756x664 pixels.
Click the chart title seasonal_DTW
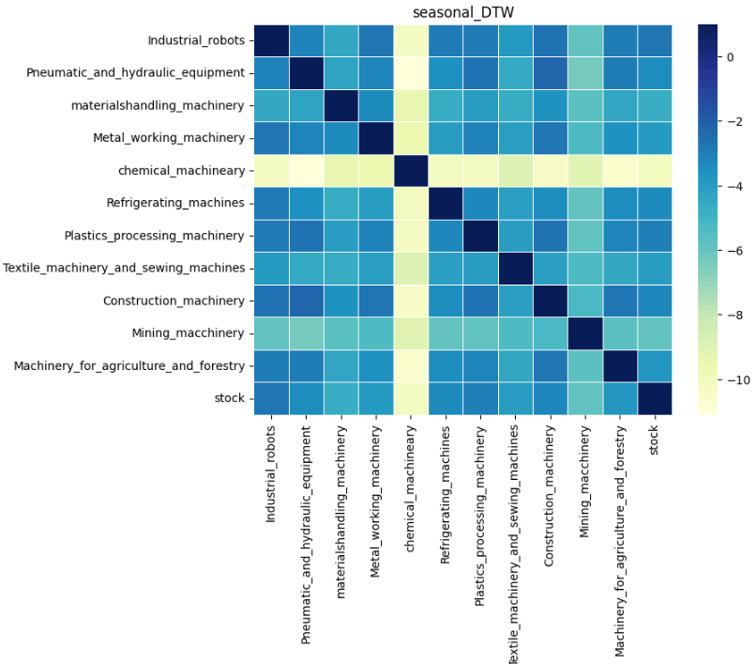(455, 11)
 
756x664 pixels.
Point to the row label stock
(230, 398)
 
